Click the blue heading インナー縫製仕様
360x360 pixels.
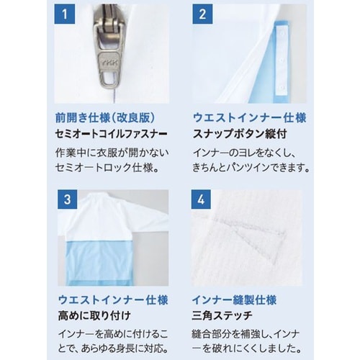point(234,300)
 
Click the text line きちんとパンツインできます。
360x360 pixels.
point(251,169)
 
